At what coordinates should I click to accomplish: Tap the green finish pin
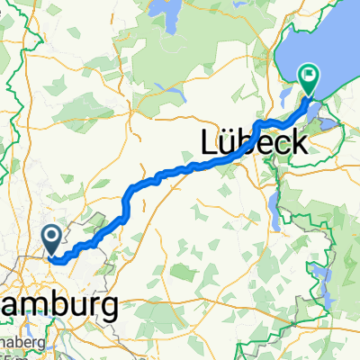point(310,81)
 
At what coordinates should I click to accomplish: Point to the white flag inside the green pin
point(310,76)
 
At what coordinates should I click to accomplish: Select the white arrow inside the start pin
point(50,237)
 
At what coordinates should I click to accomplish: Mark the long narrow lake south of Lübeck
point(271,207)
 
